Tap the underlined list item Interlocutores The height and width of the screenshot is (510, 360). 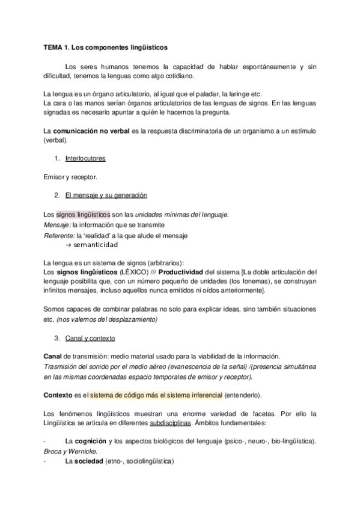pyautogui.click(x=85, y=159)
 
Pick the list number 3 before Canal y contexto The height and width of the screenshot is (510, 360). pyautogui.click(x=56, y=338)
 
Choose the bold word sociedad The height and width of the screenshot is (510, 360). pyautogui.click(x=88, y=461)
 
